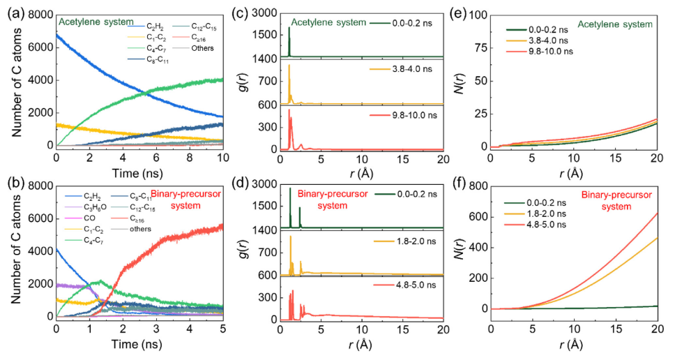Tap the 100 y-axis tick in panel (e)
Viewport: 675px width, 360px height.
pos(478,15)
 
